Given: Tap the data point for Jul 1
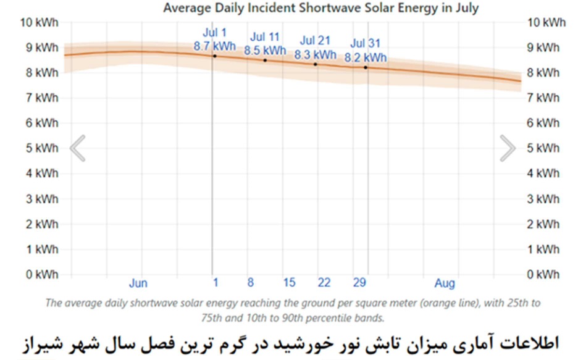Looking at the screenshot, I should [x=214, y=56].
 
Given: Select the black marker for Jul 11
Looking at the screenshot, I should [x=265, y=60].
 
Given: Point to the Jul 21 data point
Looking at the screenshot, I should [x=316, y=64].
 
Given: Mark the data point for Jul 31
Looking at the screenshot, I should [x=366, y=67].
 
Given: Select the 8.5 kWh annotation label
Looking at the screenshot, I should [x=265, y=51].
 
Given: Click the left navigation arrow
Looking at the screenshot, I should [x=77, y=148].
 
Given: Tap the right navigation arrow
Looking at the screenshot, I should [x=508, y=148].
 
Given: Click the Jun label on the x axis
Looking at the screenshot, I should [x=138, y=283].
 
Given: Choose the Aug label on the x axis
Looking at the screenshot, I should [x=445, y=283].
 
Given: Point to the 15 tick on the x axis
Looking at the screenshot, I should [x=289, y=283].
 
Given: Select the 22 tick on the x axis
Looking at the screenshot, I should [x=324, y=283].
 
